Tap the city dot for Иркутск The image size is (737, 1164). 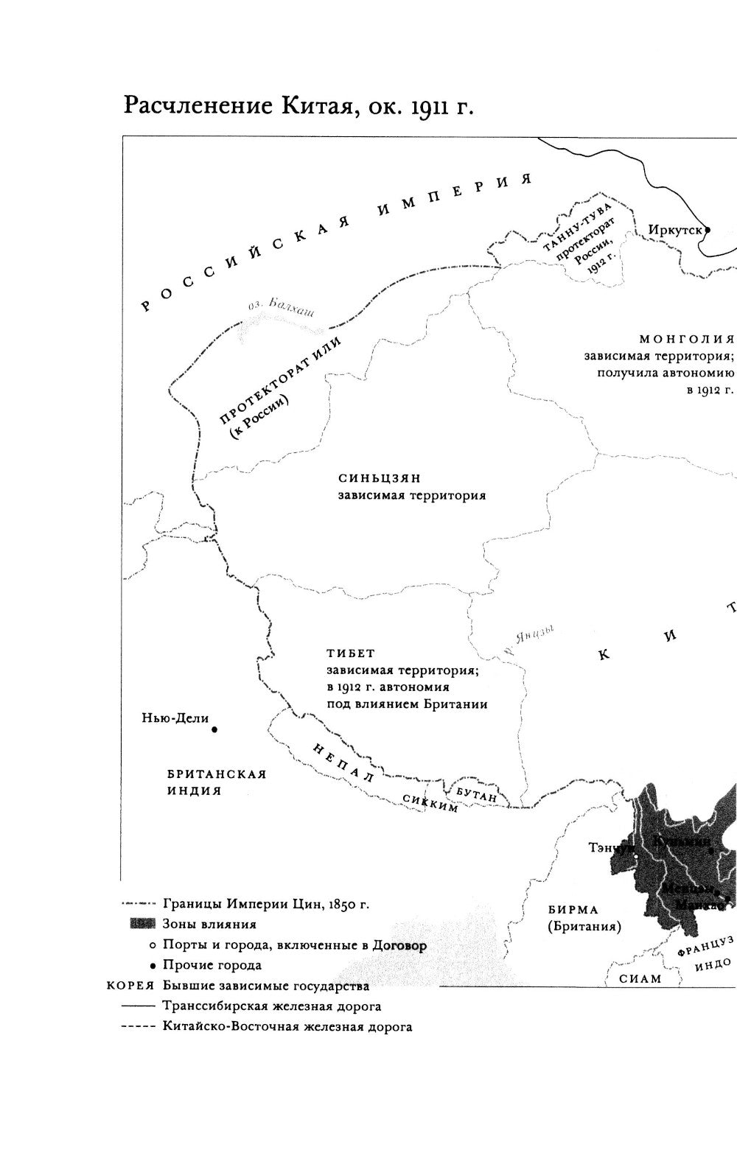[x=707, y=229]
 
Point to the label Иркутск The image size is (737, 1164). [x=674, y=229]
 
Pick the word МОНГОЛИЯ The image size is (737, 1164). [x=686, y=339]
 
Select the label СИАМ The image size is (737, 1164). [x=640, y=978]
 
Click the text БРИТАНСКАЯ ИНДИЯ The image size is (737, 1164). [x=216, y=782]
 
